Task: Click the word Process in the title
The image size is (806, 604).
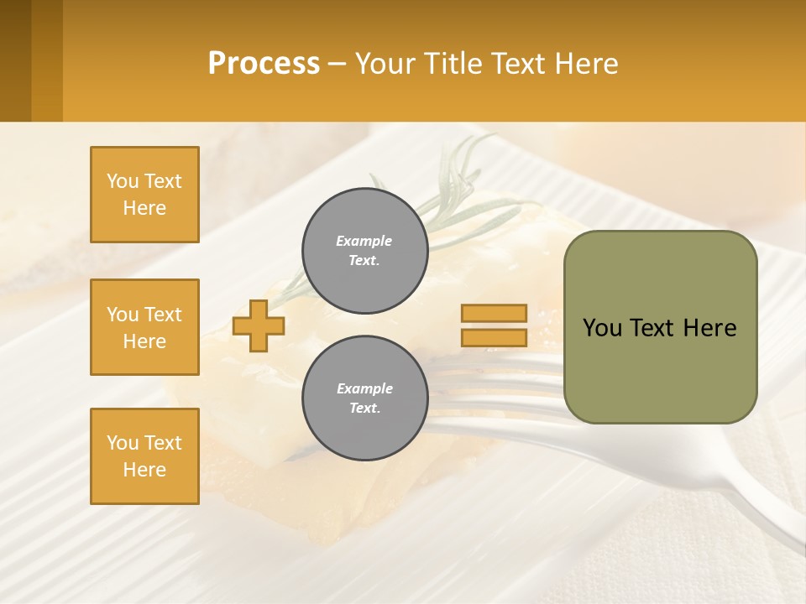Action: click(264, 63)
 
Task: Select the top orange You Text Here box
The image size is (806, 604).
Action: click(144, 195)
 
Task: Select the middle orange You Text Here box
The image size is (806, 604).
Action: click(144, 327)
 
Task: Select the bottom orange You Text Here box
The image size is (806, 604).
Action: click(144, 456)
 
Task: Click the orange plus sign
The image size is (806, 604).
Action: click(259, 325)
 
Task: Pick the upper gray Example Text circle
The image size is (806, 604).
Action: click(365, 251)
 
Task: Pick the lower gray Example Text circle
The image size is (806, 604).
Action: click(365, 398)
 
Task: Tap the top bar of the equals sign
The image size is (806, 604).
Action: click(494, 313)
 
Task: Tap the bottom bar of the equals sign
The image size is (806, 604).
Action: click(494, 337)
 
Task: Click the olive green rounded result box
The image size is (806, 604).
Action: click(660, 369)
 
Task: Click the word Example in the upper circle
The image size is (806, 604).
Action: click(364, 241)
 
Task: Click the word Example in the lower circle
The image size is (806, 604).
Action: click(364, 388)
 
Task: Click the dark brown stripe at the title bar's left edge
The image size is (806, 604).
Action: click(15, 60)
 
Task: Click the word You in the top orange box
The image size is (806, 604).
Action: click(123, 181)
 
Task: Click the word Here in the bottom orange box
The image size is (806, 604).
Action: click(144, 470)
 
